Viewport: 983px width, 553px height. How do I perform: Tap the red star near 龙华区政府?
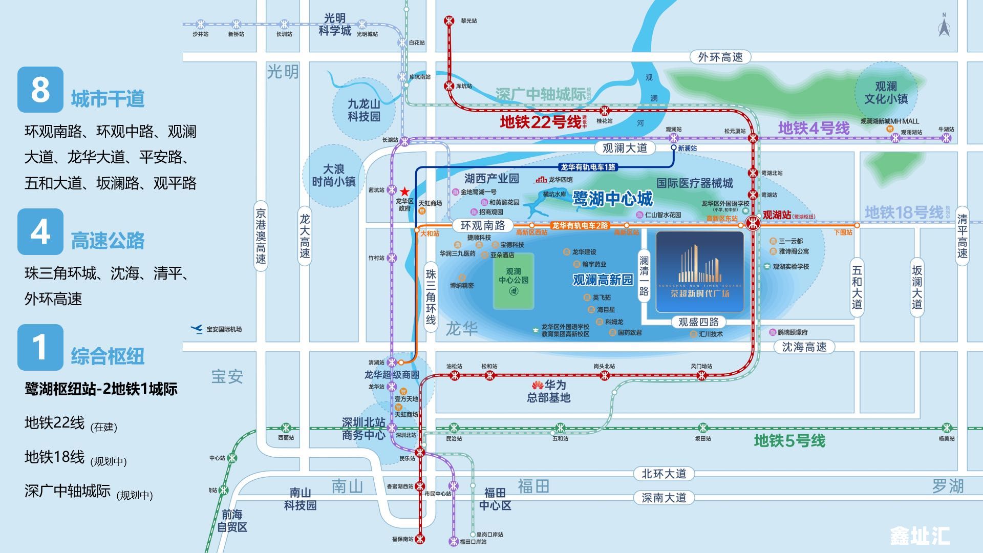coord(404,190)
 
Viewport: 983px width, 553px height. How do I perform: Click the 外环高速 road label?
coord(720,57)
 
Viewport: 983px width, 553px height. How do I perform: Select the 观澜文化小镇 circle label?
coord(886,93)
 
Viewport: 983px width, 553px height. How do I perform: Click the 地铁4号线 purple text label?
coord(814,128)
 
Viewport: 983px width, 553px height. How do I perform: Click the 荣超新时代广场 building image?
coord(699,272)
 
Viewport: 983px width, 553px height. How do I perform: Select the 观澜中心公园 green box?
coord(514,281)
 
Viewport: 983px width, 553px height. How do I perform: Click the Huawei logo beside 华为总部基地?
coord(537,385)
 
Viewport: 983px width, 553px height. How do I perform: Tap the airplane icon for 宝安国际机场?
coord(197,329)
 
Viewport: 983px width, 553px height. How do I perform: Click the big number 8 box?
coord(40,90)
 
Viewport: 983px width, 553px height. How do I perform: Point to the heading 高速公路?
coord(108,241)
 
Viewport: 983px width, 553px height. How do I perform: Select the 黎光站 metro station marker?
coord(449,21)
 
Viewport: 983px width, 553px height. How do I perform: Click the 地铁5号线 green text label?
coord(789,441)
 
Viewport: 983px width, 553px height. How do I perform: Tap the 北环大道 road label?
coord(664,474)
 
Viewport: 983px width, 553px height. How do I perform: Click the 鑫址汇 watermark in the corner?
coord(920,536)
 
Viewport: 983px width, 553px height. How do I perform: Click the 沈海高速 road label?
coord(804,347)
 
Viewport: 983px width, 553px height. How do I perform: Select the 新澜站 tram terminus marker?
coord(674,147)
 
